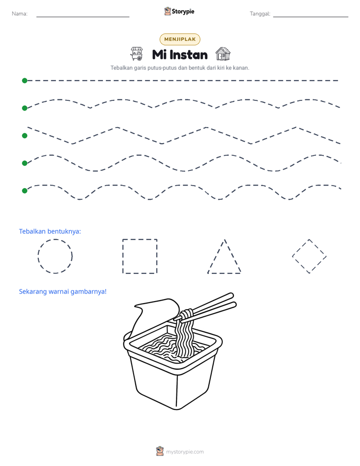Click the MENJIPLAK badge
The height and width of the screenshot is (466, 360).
(x=179, y=39)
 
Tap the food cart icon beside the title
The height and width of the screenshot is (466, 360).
(x=137, y=54)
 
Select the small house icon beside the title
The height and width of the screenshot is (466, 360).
(x=223, y=54)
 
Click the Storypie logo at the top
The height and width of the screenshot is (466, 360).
(x=179, y=11)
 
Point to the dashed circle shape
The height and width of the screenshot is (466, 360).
(x=38, y=256)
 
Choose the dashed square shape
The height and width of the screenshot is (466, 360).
(x=123, y=256)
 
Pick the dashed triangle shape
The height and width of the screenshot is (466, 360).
(x=216, y=256)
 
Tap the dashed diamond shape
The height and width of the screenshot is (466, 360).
(x=301, y=248)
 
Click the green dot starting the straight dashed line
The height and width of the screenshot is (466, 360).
(x=25, y=81)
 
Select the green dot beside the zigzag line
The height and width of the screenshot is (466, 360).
(x=25, y=136)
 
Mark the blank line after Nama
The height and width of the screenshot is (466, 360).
(x=83, y=17)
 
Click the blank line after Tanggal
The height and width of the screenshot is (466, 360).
(x=311, y=17)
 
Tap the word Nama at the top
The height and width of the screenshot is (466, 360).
(x=20, y=14)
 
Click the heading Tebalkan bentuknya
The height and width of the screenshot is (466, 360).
(x=50, y=231)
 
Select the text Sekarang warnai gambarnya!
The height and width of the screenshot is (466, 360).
(x=63, y=292)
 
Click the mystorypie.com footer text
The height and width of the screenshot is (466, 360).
(x=185, y=452)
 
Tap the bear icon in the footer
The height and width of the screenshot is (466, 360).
(x=160, y=451)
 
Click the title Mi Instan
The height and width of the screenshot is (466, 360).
(x=179, y=54)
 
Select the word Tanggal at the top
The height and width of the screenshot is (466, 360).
(x=260, y=14)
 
